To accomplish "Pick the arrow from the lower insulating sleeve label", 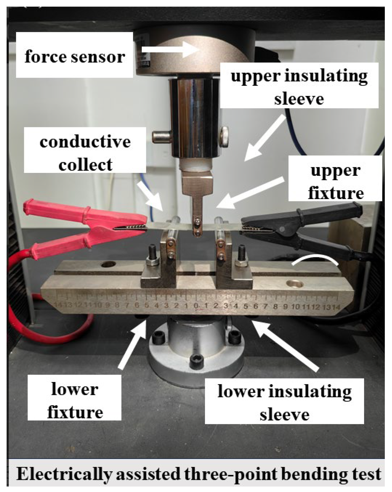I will coord(285,345).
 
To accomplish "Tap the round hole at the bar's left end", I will coord(108,264).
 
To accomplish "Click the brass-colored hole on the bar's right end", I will coord(295,284).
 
